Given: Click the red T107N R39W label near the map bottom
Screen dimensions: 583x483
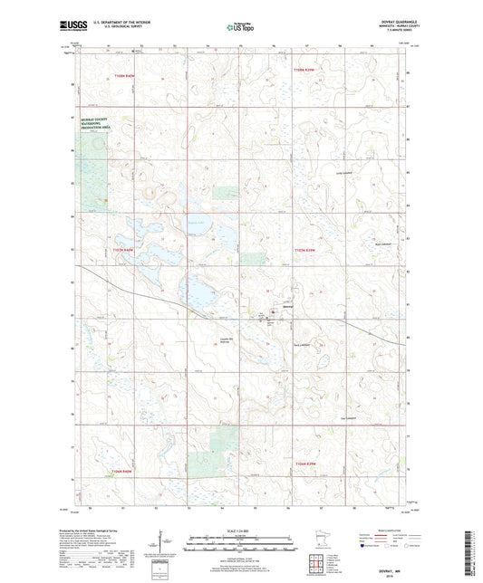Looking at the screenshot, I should coord(307,465).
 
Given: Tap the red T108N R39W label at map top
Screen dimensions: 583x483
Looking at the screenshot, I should coord(307,69).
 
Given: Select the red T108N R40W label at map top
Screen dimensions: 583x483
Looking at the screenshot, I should coord(124,76).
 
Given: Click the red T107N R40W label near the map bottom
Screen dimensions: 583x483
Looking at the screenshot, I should coord(122,472).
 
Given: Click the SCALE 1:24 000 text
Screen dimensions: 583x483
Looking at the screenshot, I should coord(241,530).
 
